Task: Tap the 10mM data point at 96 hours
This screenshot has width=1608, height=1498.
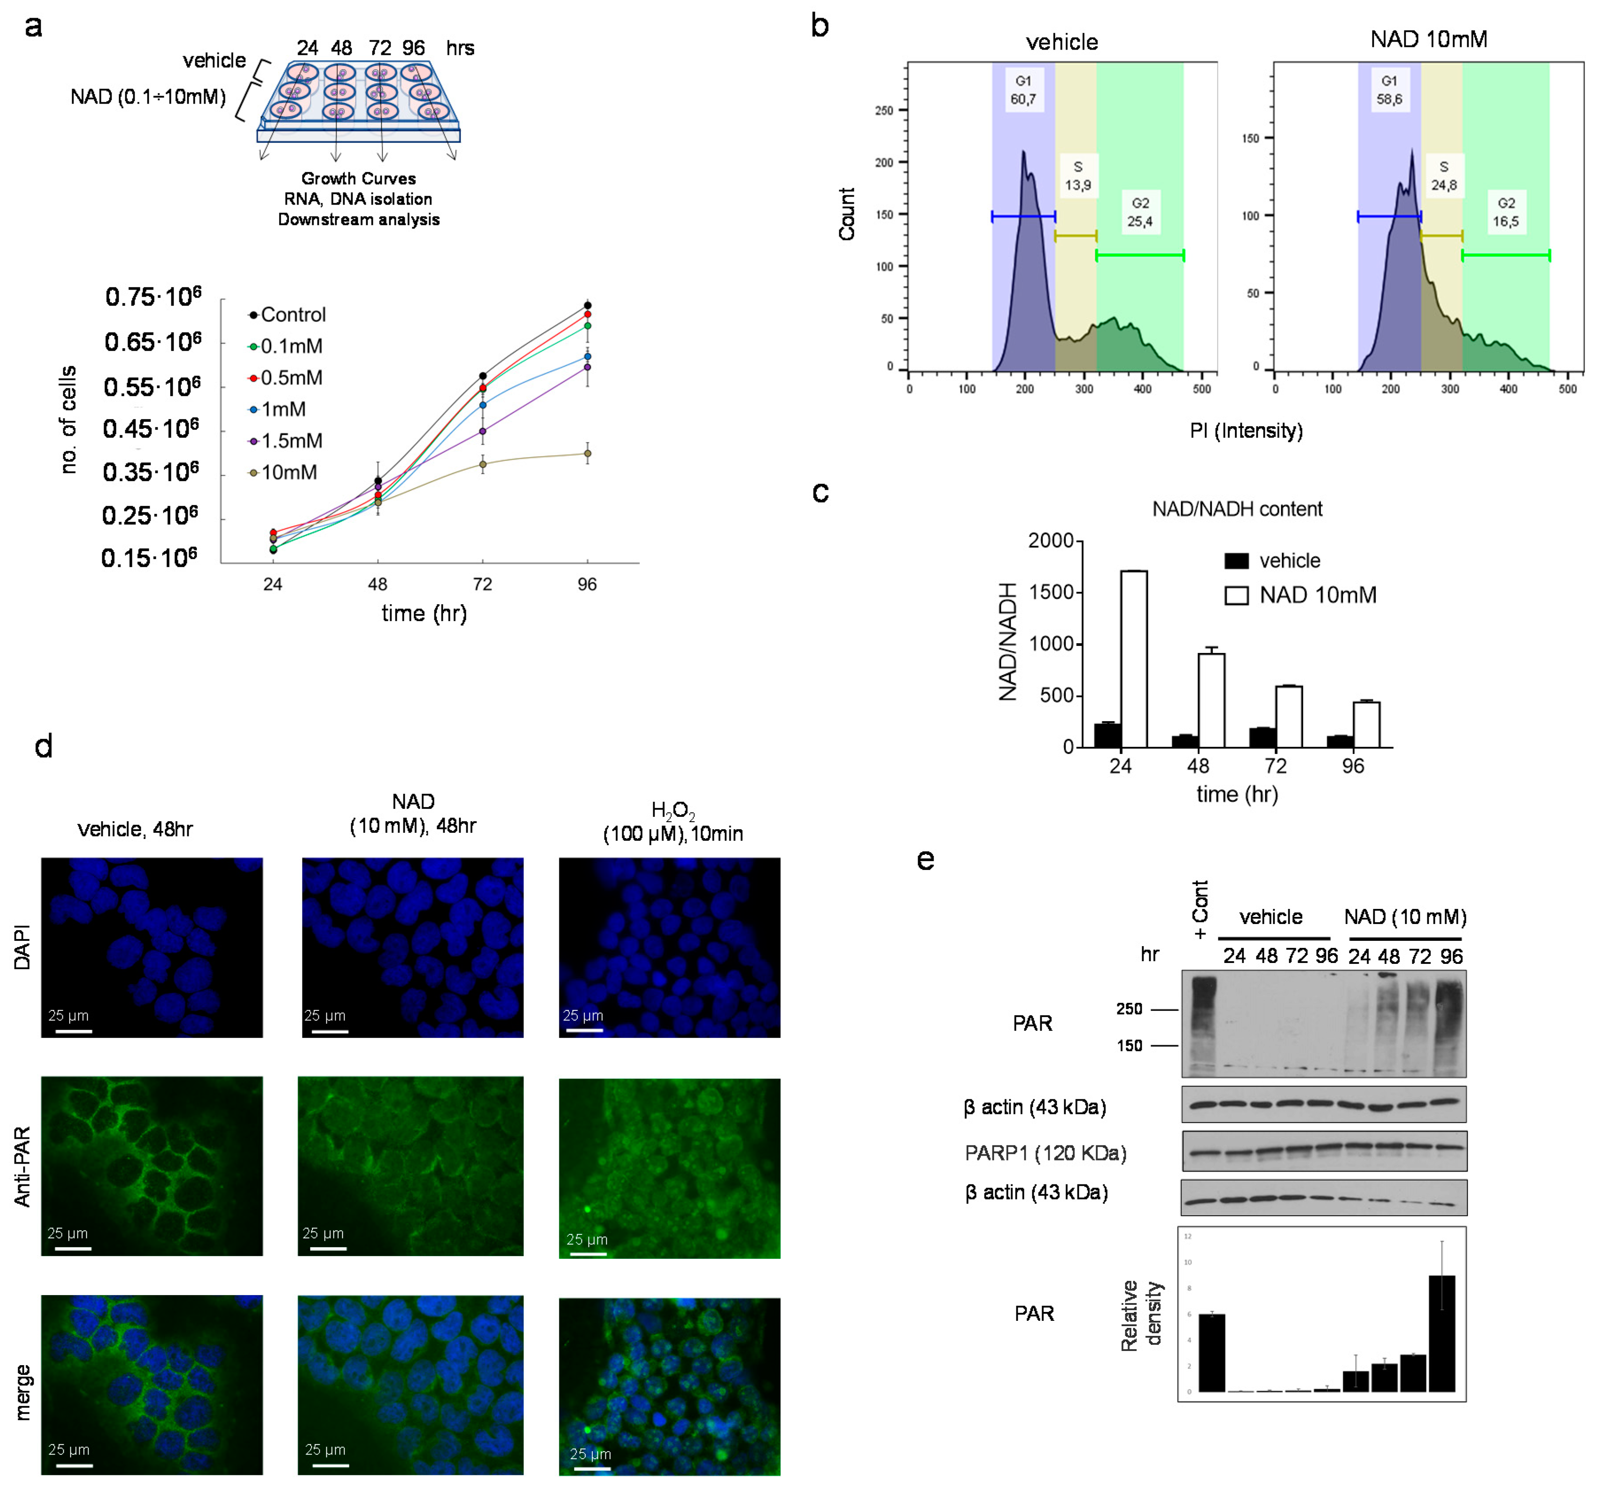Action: pyautogui.click(x=587, y=453)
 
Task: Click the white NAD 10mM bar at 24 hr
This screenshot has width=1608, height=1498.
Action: pyautogui.click(x=1133, y=659)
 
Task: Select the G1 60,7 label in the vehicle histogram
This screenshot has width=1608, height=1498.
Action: pyautogui.click(x=1023, y=90)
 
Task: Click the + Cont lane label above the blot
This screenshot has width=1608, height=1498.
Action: pyautogui.click(x=1200, y=909)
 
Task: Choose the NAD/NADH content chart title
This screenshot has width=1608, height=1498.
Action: pyautogui.click(x=1237, y=509)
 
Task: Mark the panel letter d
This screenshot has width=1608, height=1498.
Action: pyautogui.click(x=44, y=746)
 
